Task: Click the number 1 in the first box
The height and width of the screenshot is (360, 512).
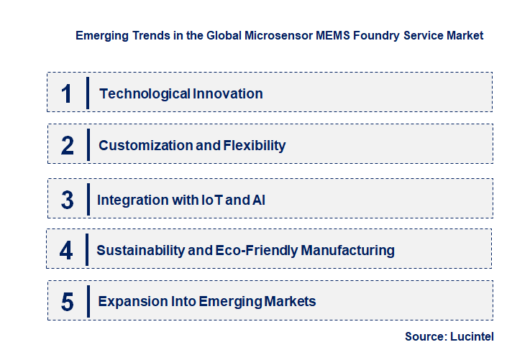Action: point(67,93)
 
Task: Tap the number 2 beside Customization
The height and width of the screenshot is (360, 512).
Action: point(68,145)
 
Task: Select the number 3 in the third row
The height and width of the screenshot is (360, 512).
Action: point(67,200)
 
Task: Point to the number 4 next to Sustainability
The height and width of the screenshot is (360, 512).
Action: point(66,251)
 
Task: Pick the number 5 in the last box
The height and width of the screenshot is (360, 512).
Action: point(67,302)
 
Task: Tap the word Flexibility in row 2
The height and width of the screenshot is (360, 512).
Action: point(255,145)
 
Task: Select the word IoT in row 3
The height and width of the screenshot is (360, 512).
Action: point(211,200)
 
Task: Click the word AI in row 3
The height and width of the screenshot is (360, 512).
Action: point(259,200)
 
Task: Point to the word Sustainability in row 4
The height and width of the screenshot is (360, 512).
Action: point(138,251)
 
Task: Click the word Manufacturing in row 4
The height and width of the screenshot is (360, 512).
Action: point(347,251)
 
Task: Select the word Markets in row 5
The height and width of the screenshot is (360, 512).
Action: point(289,302)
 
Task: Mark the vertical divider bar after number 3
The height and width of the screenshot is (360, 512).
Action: point(87,198)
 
